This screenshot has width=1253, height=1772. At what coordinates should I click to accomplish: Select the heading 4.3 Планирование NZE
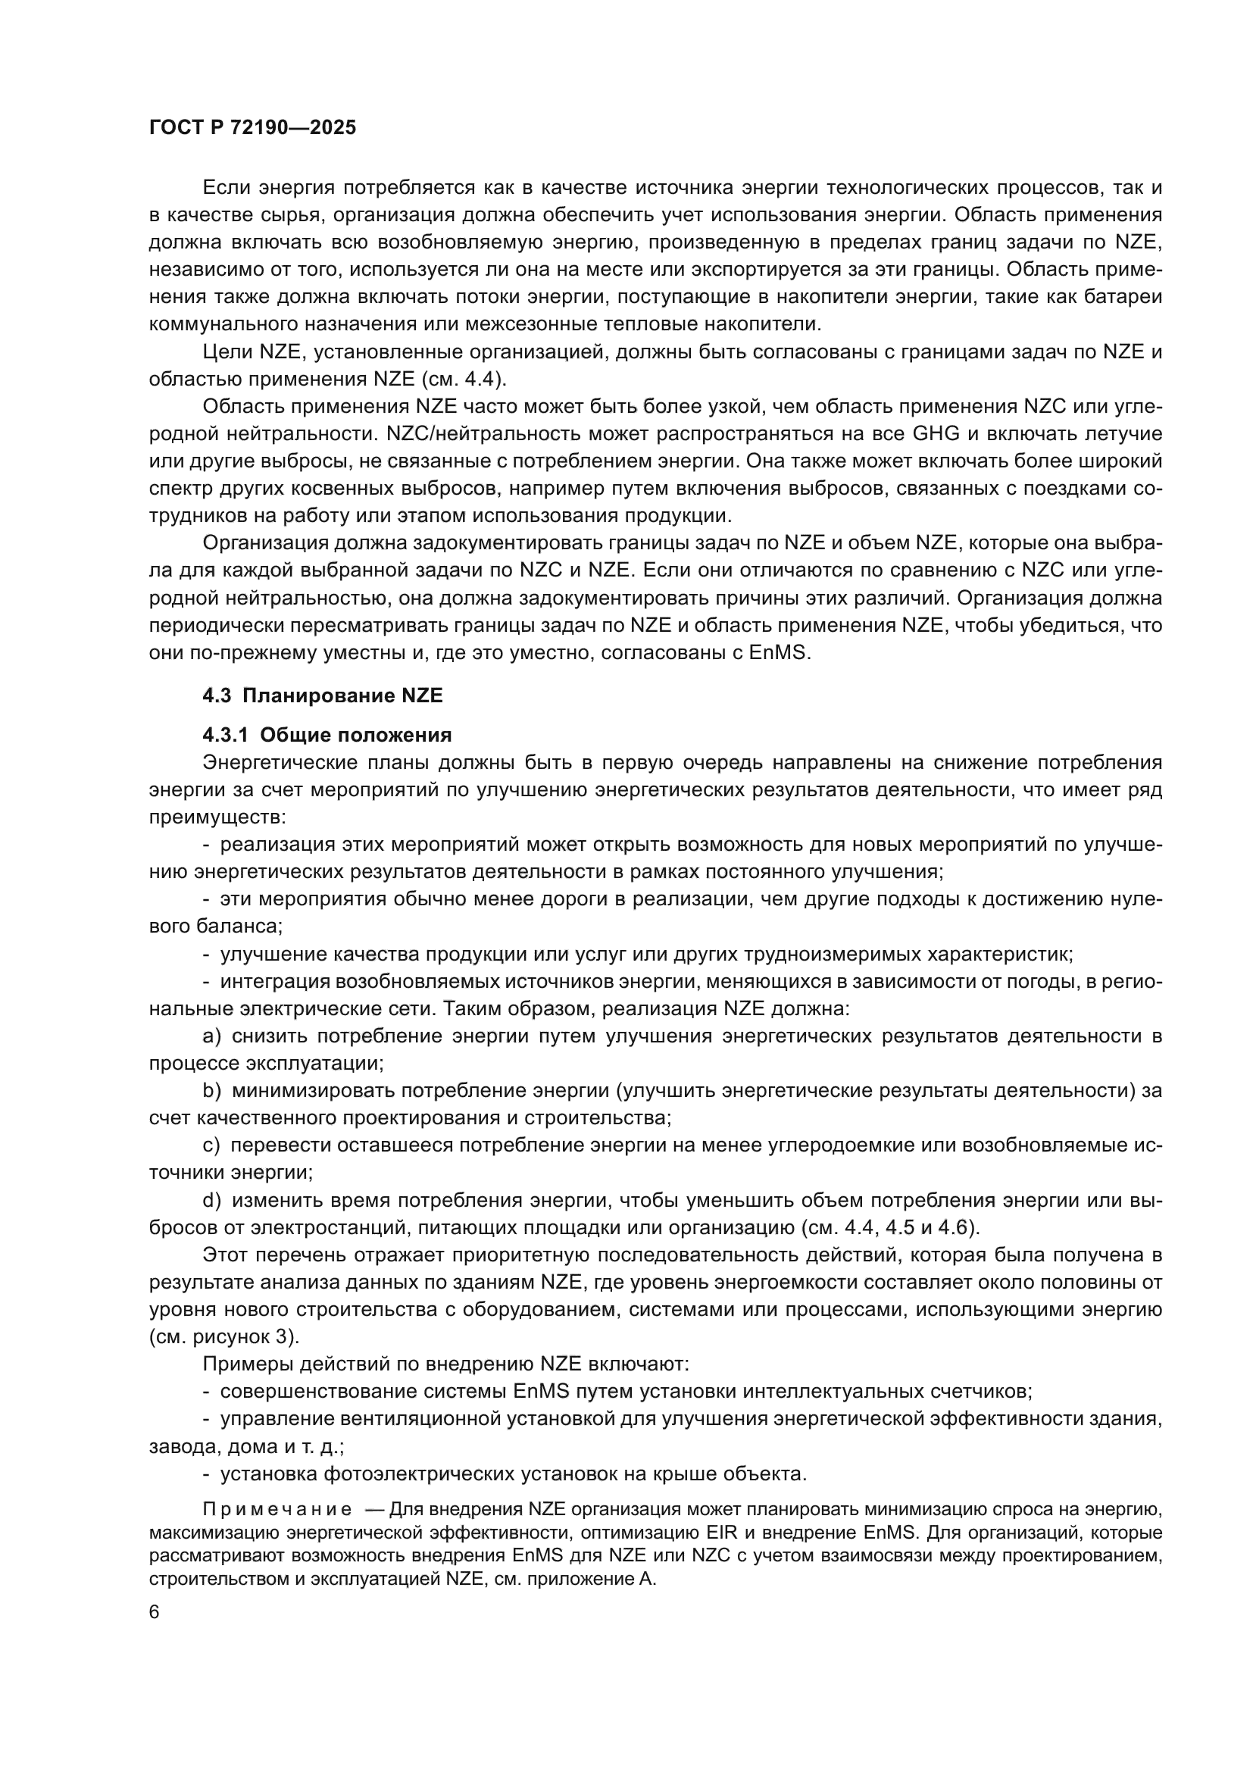[x=323, y=695]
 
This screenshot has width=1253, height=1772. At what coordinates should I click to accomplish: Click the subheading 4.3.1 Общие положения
[x=327, y=734]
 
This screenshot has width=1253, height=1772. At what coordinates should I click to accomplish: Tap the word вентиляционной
[x=420, y=1418]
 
